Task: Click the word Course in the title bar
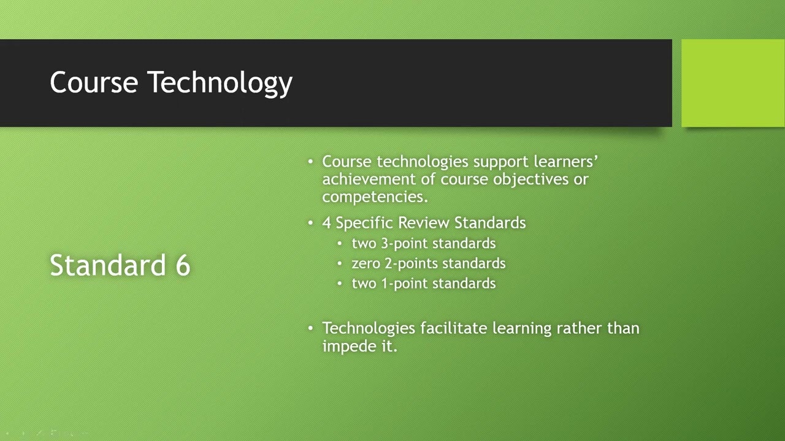coord(94,83)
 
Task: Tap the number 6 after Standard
coord(183,265)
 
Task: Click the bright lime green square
coord(733,83)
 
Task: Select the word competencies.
coord(374,197)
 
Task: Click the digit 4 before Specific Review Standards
coord(326,223)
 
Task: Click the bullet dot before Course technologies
coord(310,162)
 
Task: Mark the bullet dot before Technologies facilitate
coord(310,328)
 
